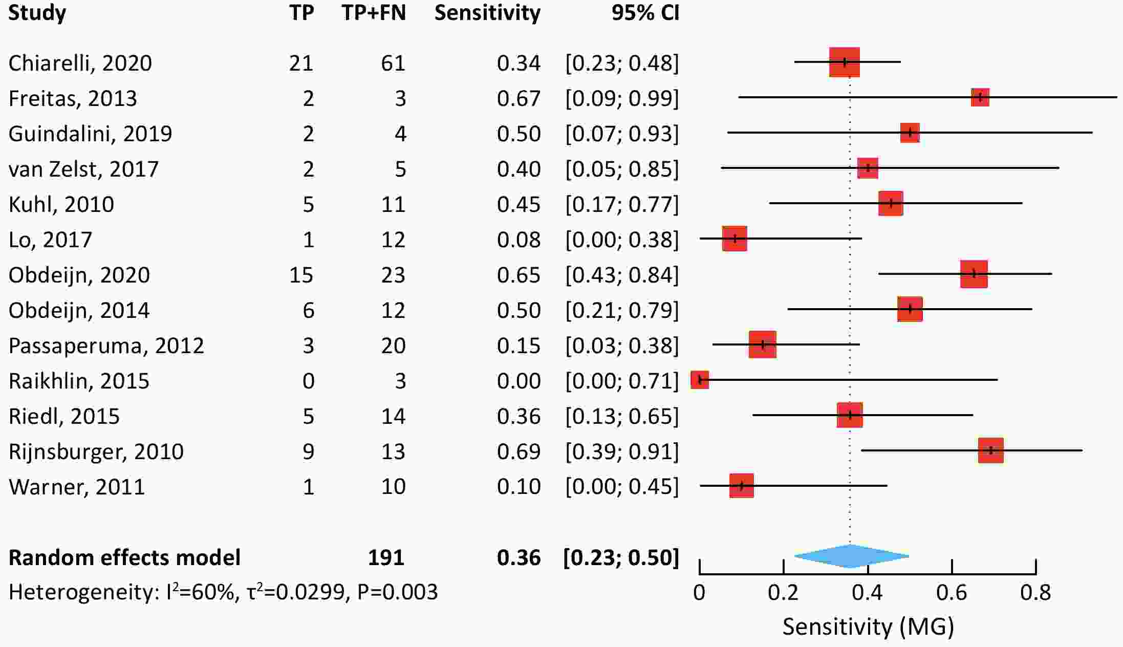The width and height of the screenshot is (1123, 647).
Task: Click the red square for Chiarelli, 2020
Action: (844, 62)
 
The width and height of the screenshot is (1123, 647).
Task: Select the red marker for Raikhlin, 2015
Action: (700, 380)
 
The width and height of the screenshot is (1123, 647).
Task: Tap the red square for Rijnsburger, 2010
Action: (990, 450)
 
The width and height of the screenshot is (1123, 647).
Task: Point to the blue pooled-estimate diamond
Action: (851, 556)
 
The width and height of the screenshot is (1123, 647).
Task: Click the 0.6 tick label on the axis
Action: (952, 593)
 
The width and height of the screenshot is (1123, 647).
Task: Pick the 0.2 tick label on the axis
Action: (783, 593)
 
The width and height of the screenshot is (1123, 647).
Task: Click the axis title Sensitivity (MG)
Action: (868, 627)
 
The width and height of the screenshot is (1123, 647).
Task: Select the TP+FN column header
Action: (374, 13)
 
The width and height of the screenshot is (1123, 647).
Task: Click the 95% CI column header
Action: (645, 13)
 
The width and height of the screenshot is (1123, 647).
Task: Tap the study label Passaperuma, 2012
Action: (106, 346)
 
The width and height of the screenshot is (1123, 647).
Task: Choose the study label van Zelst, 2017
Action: (83, 169)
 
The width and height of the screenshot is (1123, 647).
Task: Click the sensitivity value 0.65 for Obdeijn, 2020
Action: (519, 275)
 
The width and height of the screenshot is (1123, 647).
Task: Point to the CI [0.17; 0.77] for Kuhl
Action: (622, 204)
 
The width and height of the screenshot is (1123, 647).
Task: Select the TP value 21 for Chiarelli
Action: (301, 63)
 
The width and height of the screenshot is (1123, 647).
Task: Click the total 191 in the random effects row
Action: (386, 557)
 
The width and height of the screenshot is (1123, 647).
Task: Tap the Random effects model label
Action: (124, 557)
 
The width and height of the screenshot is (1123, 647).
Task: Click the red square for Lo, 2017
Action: (735, 239)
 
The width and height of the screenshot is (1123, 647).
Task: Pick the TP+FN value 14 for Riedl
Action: (393, 416)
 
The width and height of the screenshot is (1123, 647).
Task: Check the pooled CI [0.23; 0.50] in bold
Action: (621, 557)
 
